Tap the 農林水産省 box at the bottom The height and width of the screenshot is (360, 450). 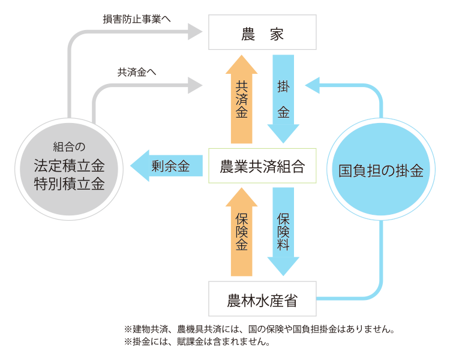point(262,299)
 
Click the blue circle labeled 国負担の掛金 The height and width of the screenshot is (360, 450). point(381,171)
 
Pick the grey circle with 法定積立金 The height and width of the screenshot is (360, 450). point(70,166)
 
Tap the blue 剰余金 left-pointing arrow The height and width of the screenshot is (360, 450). point(162,166)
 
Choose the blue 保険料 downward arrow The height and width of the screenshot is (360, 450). point(283,231)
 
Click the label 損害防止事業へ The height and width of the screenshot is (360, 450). point(137,19)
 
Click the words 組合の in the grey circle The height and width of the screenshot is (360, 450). point(70,146)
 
